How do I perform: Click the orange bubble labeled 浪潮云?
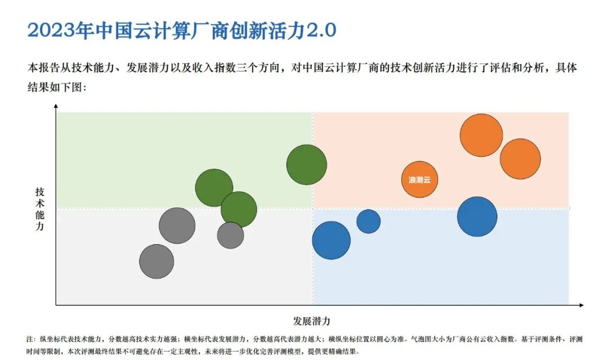coord(420,179)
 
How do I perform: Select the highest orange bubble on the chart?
coord(481,135)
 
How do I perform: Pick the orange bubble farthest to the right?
coord(520,159)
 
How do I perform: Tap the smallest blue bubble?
coord(369,221)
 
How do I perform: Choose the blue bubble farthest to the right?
coord(477,217)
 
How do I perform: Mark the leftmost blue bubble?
coord(332,240)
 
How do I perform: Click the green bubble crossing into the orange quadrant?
coord(307,165)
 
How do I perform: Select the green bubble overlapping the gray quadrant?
coord(239,209)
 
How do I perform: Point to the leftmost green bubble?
coord(214,187)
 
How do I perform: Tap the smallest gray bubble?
coord(231,235)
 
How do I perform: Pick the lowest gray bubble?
coord(157,262)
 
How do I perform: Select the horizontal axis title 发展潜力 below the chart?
coord(311,321)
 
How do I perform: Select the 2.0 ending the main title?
coord(320,30)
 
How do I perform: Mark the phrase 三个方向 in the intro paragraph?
coord(249,68)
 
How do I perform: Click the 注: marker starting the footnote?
coord(30,339)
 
